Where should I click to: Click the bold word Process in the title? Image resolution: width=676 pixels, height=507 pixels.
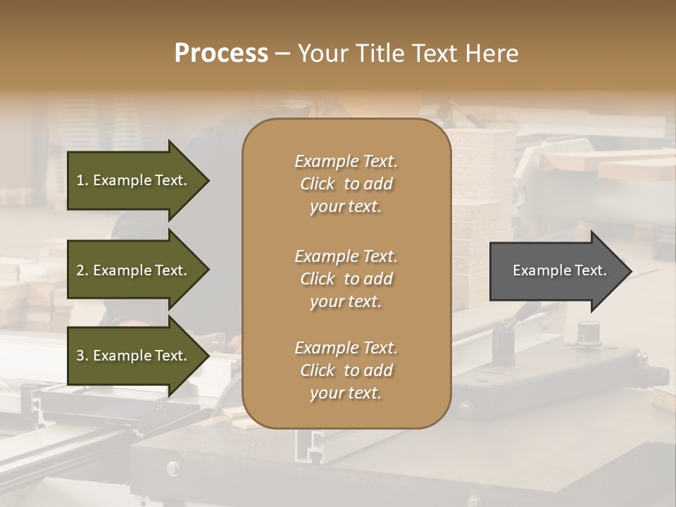tap(221, 53)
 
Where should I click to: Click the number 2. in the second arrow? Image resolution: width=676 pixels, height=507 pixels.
tap(82, 270)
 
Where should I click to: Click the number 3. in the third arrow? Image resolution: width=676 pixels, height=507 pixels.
tap(82, 356)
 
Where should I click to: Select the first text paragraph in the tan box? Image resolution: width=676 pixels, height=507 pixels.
tap(346, 184)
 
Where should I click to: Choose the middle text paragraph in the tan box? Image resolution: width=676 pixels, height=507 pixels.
tap(346, 278)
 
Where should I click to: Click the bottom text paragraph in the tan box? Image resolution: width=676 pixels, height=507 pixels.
tap(346, 370)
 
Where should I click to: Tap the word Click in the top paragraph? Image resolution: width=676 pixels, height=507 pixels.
tap(318, 184)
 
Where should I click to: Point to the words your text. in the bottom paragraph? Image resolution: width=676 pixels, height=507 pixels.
tap(346, 393)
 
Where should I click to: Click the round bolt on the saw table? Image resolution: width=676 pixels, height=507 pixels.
tap(173, 468)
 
